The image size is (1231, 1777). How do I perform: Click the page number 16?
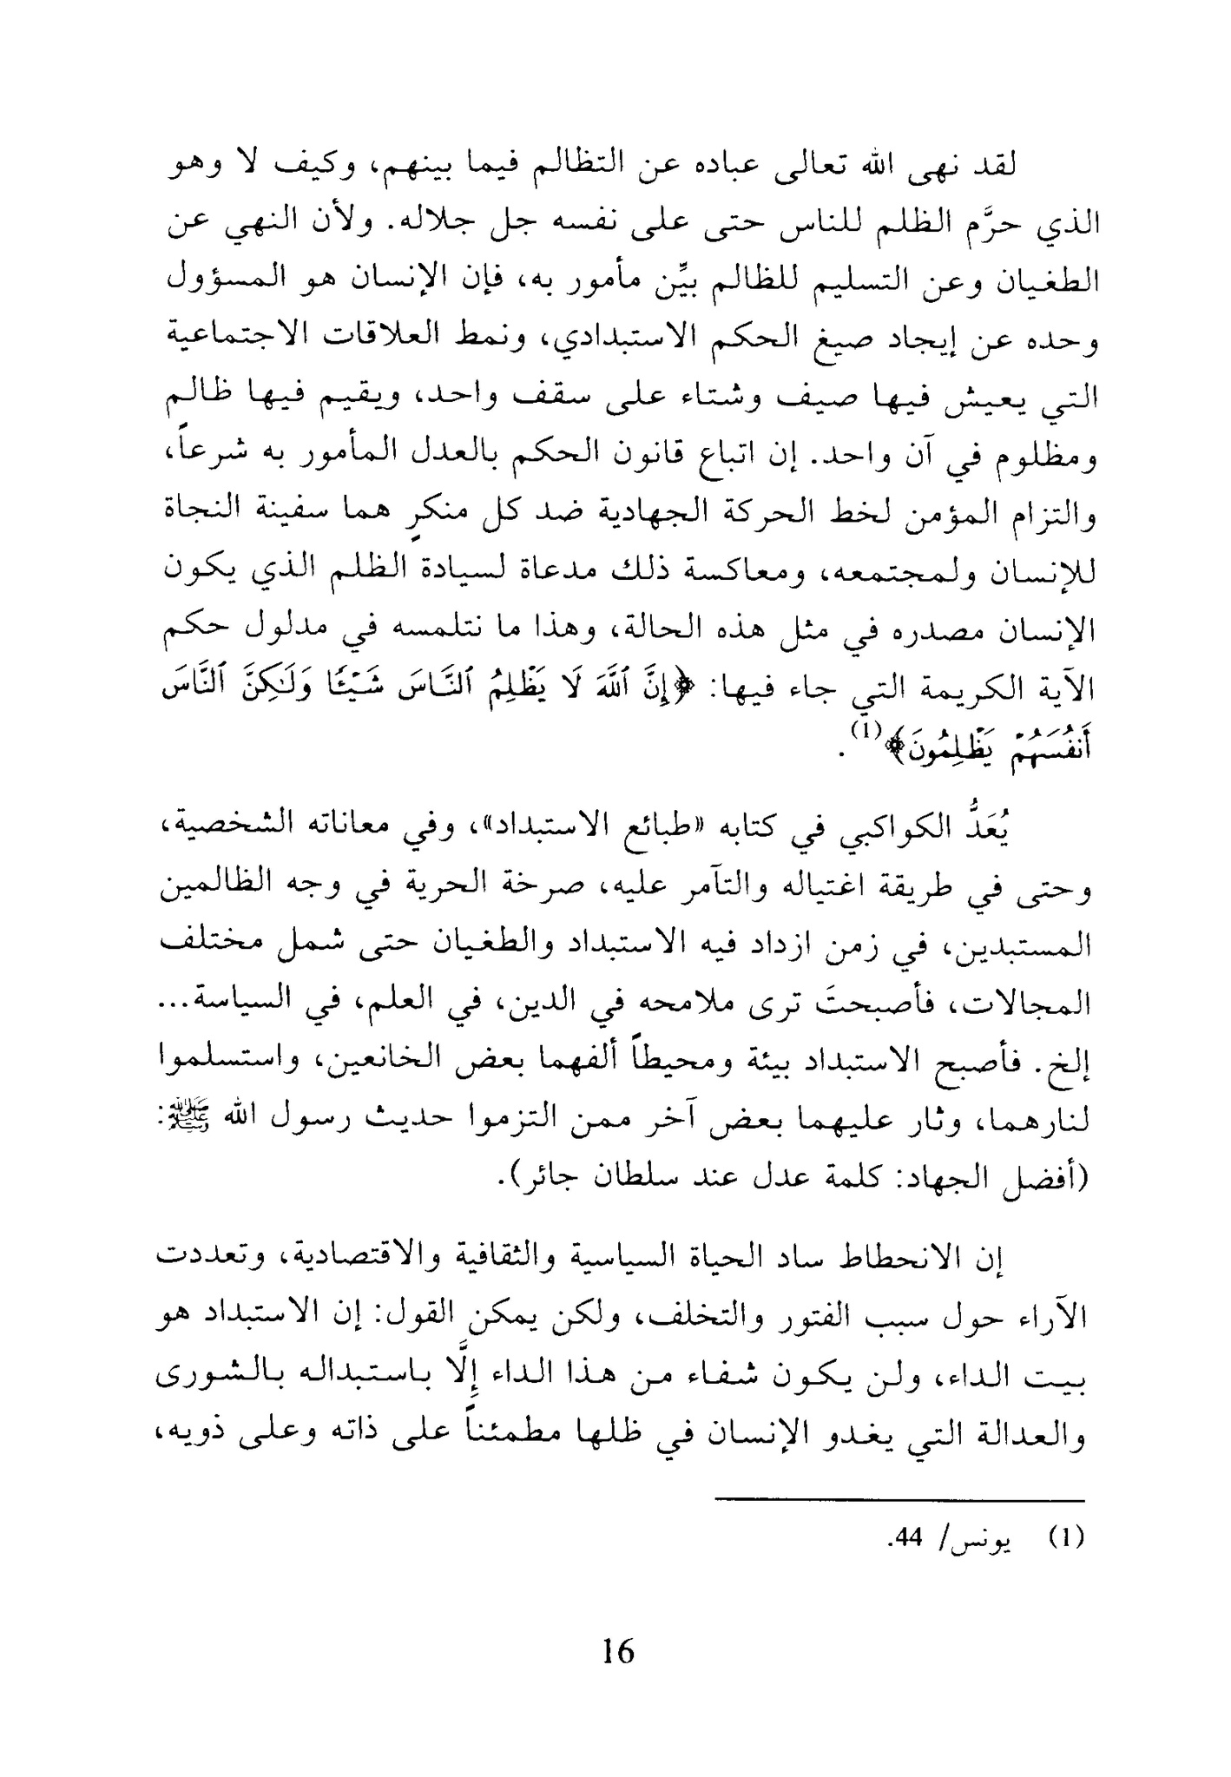tap(617, 1650)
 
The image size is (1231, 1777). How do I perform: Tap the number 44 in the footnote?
tap(908, 1539)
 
